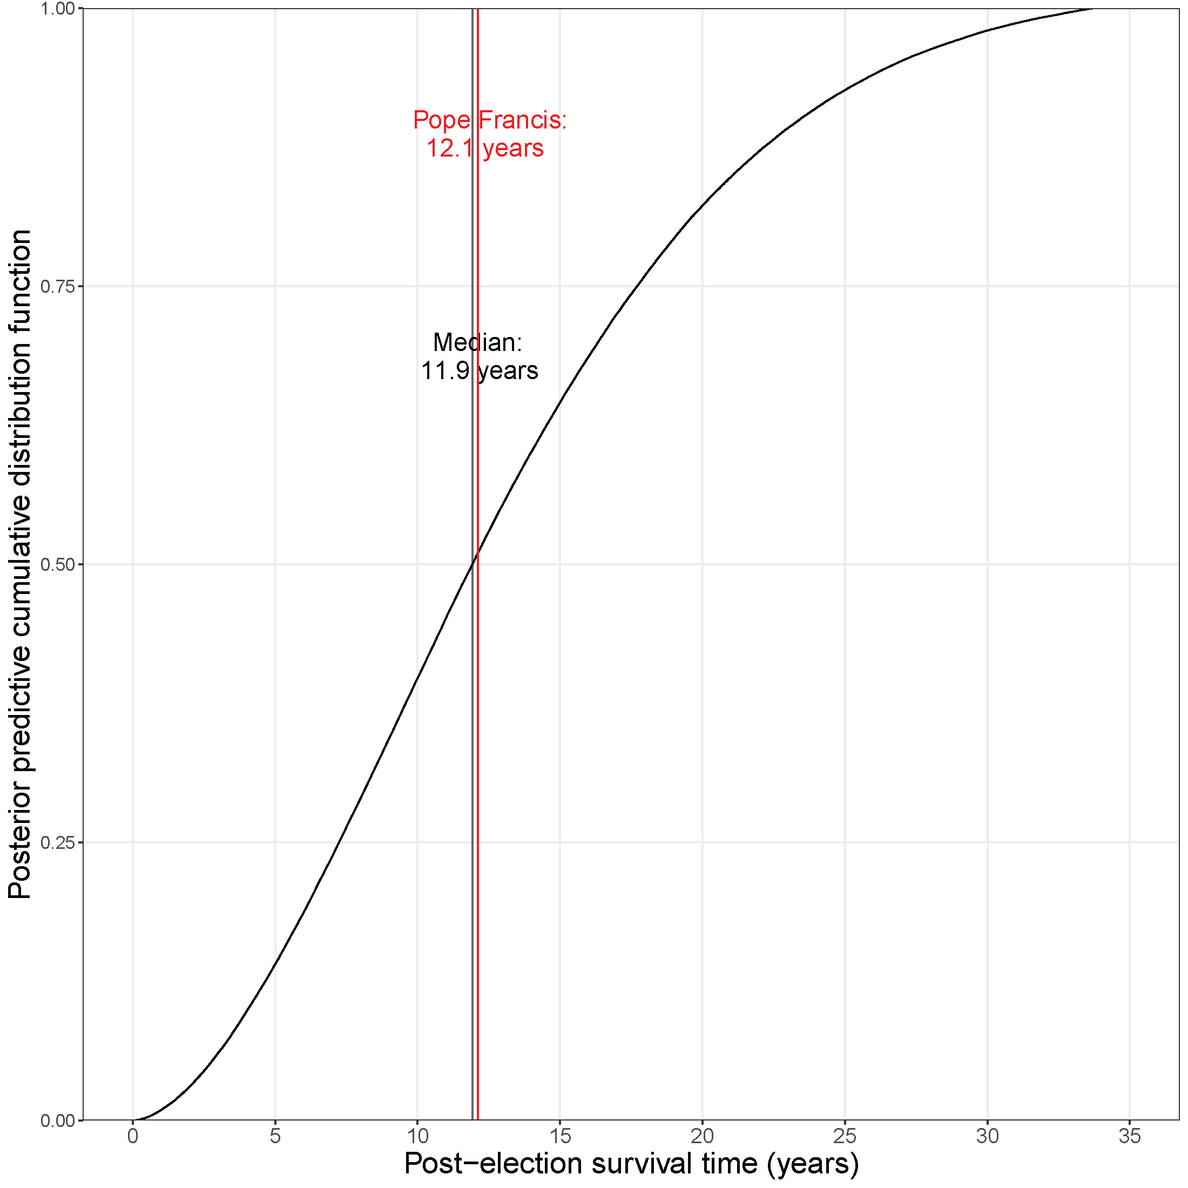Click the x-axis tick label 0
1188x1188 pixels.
[x=133, y=1136]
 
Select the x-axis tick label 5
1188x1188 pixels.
[x=275, y=1136]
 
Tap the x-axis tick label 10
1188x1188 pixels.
[x=417, y=1136]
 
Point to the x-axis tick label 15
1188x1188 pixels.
[x=560, y=1136]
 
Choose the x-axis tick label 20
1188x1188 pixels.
[x=702, y=1136]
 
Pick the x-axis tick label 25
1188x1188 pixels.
[x=845, y=1136]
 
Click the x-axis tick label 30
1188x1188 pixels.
[x=988, y=1136]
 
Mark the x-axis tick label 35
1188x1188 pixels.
[x=1130, y=1136]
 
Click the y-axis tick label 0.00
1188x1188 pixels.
[x=58, y=1121]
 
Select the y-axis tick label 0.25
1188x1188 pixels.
[x=58, y=843]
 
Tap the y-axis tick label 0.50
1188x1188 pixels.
[x=58, y=565]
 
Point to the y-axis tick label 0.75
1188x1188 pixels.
[x=58, y=287]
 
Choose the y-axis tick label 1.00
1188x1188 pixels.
[x=58, y=9]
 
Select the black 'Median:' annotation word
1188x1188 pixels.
[x=477, y=342]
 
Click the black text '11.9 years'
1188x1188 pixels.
[x=480, y=371]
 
